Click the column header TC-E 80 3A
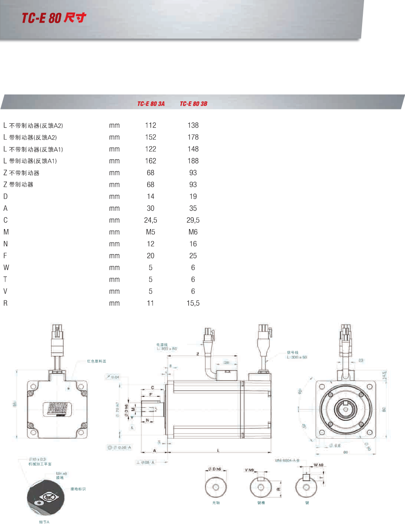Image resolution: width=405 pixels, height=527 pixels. tap(151, 104)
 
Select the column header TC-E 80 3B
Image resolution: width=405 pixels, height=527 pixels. tap(193, 104)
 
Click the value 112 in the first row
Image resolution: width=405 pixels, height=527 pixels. tap(150, 125)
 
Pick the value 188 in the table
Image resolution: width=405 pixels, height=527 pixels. tap(193, 161)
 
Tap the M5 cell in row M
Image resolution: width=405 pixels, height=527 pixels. tap(150, 232)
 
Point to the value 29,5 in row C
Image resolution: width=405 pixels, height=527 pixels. tap(193, 220)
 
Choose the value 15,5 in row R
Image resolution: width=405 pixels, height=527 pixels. tap(193, 303)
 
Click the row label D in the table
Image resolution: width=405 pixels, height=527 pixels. tap(6, 197)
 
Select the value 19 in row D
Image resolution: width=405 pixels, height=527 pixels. tap(193, 197)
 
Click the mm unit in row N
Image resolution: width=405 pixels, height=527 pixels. tap(114, 244)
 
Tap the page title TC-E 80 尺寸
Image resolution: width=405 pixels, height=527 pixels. tap(53, 18)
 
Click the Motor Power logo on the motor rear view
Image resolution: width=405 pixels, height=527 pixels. tap(58, 409)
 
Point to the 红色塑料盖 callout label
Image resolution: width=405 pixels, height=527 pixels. tap(96, 361)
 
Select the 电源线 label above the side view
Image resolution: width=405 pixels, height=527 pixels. tap(162, 345)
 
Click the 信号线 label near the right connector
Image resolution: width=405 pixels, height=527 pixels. tap(292, 353)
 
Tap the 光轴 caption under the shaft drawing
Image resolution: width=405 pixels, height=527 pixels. tap(216, 503)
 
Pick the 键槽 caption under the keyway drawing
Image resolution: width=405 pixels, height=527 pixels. tap(261, 503)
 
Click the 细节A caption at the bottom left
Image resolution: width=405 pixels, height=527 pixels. tap(44, 522)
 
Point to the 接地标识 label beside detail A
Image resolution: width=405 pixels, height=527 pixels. tap(78, 489)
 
